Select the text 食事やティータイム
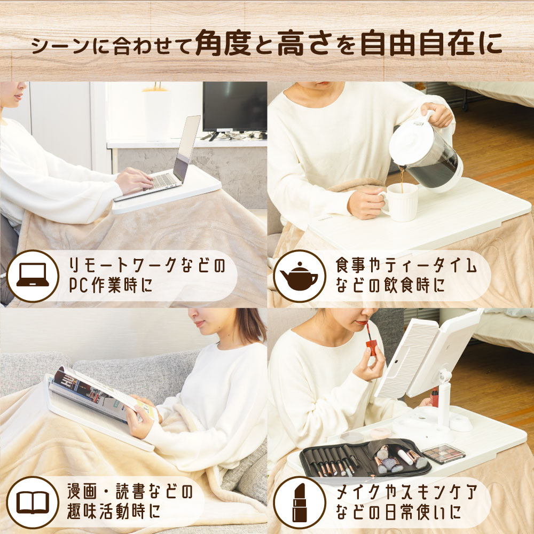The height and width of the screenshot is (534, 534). [406, 265]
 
